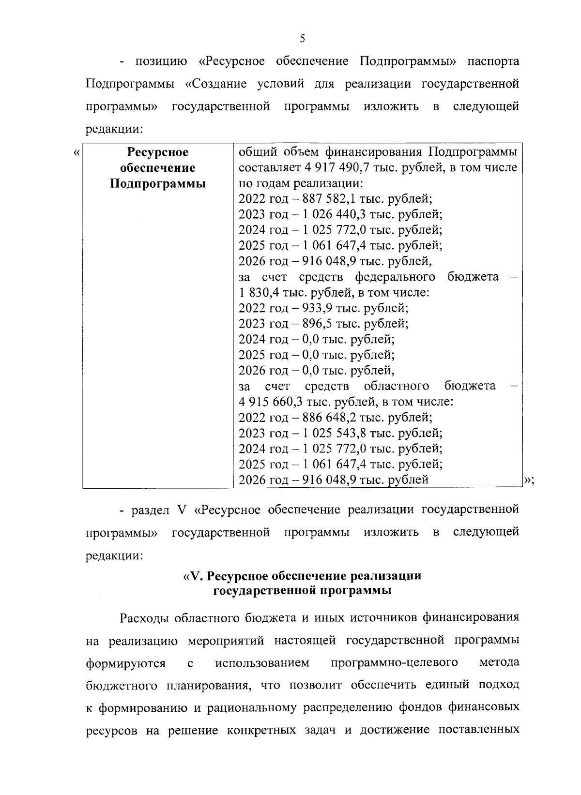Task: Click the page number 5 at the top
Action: point(302,39)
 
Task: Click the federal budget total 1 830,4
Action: point(260,292)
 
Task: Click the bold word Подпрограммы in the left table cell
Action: point(157,184)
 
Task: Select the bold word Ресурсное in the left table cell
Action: point(157,152)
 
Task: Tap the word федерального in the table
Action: point(395,277)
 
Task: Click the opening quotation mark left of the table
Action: point(76,153)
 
